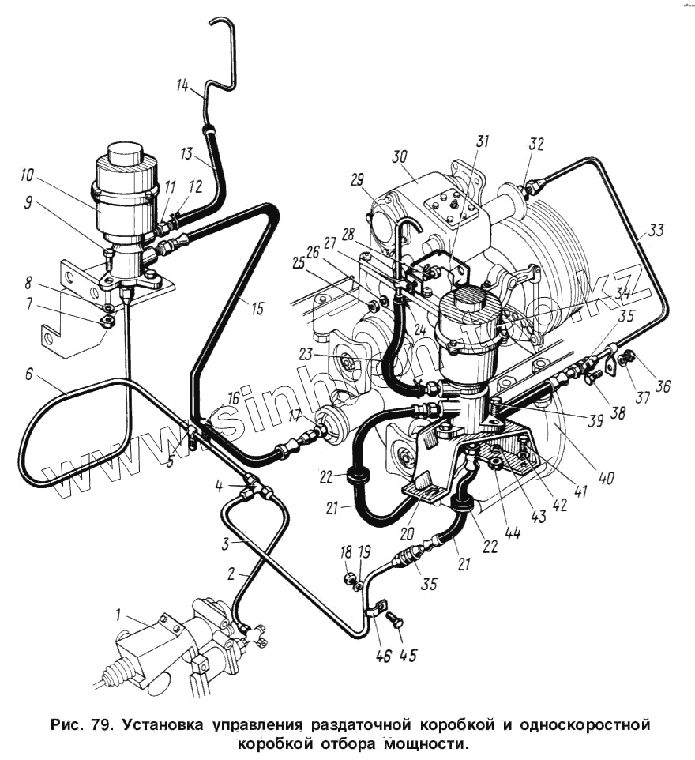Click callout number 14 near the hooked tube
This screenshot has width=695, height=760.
(182, 88)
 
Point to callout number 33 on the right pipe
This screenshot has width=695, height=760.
(656, 231)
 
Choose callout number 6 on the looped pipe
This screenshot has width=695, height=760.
(29, 374)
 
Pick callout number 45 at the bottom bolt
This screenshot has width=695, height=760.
(408, 655)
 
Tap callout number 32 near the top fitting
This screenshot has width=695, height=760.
(536, 145)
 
